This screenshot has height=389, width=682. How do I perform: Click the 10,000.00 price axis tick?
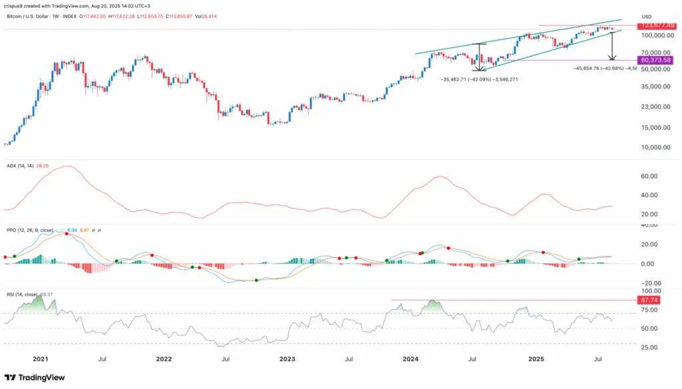coord(656,148)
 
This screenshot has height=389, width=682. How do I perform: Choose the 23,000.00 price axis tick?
coord(656,107)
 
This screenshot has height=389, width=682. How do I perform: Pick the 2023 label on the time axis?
coord(288,358)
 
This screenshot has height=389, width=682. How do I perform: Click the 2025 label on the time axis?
coord(538,358)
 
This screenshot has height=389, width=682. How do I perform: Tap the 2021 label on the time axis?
coord(41,358)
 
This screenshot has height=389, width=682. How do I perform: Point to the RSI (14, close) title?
coord(26,294)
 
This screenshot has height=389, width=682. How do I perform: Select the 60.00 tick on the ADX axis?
coord(649,177)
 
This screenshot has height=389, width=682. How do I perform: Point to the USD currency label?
coord(647,17)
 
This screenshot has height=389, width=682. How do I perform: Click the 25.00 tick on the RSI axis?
coord(649,348)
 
